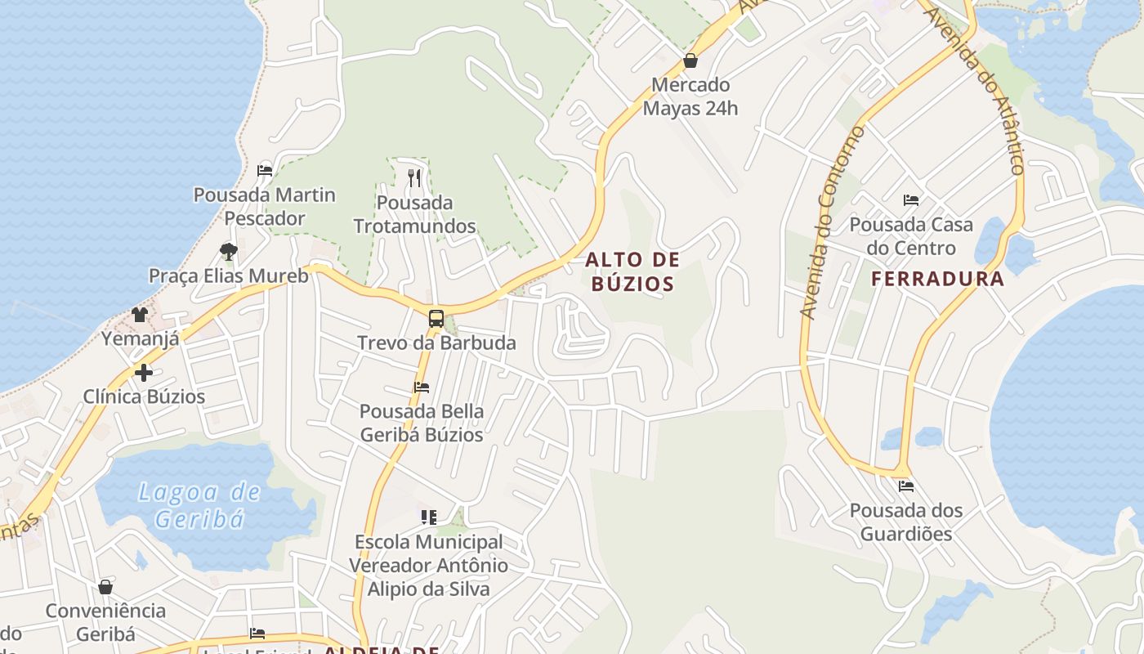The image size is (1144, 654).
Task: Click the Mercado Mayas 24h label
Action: pos(690,96)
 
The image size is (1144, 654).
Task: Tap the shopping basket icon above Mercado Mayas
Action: pos(690,60)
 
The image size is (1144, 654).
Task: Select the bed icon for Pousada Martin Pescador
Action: pos(265,171)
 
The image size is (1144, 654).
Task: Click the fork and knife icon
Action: pos(414,177)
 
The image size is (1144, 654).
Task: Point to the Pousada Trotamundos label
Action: pos(414,214)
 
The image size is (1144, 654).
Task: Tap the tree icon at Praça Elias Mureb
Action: pos(229,251)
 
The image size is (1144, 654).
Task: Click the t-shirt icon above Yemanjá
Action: pos(140,315)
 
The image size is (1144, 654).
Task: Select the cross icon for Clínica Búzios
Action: pos(144,374)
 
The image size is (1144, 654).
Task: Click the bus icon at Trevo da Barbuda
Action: pos(436,319)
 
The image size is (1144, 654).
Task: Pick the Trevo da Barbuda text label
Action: pos(436,343)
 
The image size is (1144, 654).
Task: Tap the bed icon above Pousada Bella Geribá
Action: pos(422,387)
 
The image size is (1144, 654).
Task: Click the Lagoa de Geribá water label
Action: pos(199,505)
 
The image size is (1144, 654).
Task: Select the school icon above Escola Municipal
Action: pos(428,517)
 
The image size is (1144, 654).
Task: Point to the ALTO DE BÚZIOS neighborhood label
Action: pos(632,272)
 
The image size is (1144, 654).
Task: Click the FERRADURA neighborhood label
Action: pos(937,279)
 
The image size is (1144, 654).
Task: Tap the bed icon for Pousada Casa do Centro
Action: pos(911,200)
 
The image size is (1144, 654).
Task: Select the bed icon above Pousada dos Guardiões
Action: pos(906,486)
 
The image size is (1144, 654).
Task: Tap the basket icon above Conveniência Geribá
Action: pos(105,587)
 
